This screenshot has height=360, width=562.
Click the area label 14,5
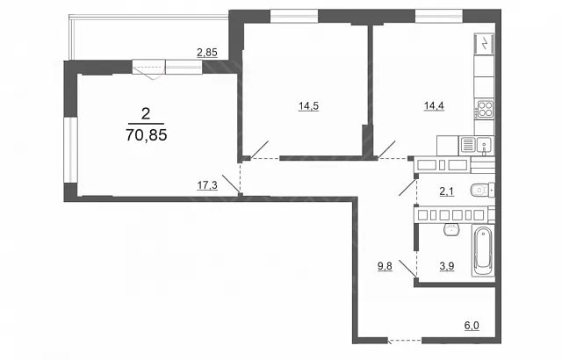pyautogui.click(x=308, y=106)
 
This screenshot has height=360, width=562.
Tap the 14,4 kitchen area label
pyautogui.click(x=434, y=105)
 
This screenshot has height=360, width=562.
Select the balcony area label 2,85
pyautogui.click(x=207, y=53)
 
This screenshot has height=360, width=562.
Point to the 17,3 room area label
pyautogui.click(x=207, y=185)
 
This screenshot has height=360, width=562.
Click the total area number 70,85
pyautogui.click(x=147, y=135)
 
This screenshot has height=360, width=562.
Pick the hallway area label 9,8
pyautogui.click(x=385, y=266)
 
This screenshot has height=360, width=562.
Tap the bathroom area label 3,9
pyautogui.click(x=447, y=266)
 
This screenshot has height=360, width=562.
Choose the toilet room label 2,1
pyautogui.click(x=447, y=191)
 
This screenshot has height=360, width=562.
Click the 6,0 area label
pyautogui.click(x=472, y=326)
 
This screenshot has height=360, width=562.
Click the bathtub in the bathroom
pyautogui.click(x=483, y=251)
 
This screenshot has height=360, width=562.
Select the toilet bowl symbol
pyautogui.click(x=482, y=190)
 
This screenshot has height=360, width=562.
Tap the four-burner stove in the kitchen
pyautogui.click(x=485, y=108)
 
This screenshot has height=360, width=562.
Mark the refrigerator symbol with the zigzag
pyautogui.click(x=484, y=44)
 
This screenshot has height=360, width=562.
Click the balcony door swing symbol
pyautogui.click(x=149, y=69)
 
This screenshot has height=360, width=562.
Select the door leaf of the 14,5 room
pyautogui.click(x=259, y=149)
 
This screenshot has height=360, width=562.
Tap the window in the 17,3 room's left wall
pyautogui.click(x=70, y=150)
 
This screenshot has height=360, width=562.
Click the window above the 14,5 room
pyautogui.click(x=294, y=17)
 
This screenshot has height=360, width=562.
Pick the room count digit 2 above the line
pyautogui.click(x=146, y=114)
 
